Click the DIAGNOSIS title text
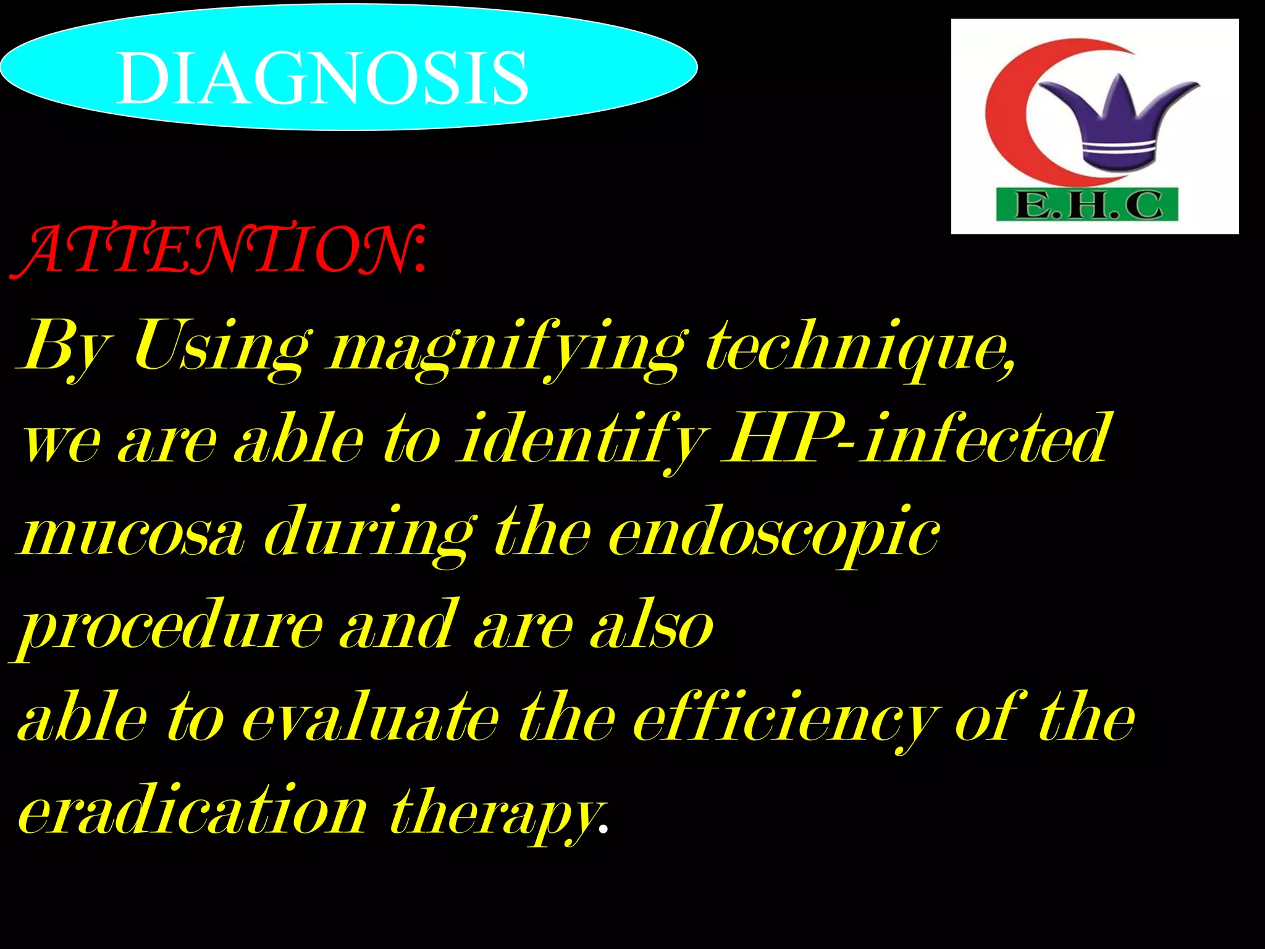322,78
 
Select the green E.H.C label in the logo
1087,205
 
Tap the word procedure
170,627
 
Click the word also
651,626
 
